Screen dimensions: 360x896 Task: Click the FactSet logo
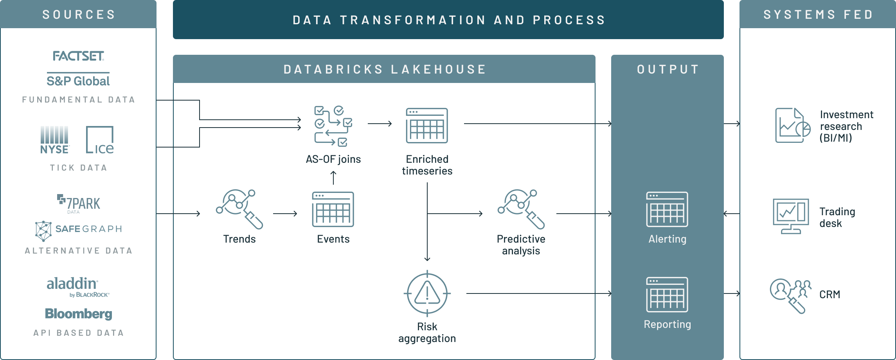(x=78, y=57)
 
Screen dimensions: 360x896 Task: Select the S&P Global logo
(x=78, y=81)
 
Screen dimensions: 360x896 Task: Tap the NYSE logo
(x=55, y=140)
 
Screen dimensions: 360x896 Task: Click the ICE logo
(x=100, y=140)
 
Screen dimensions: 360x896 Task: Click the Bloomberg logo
(x=79, y=314)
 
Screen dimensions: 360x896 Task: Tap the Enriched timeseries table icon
(x=427, y=126)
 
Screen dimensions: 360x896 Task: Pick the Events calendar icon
(x=333, y=209)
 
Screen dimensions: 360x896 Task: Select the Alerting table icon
(x=667, y=209)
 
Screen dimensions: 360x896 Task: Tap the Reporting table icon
(x=667, y=294)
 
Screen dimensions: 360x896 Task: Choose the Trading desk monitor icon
(x=791, y=216)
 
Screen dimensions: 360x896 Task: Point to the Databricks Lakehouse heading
(x=384, y=69)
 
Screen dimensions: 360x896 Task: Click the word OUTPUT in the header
(x=668, y=69)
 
